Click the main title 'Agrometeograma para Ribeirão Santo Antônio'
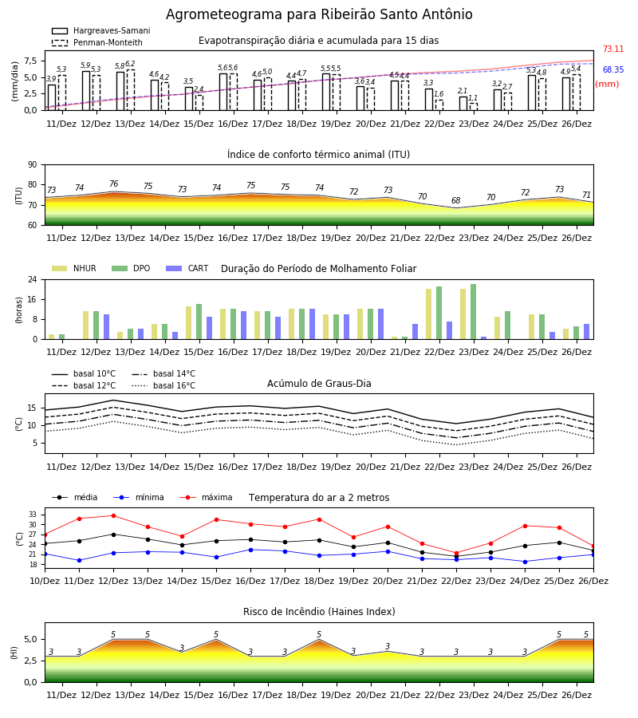(x=319, y=14)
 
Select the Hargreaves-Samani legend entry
(x=100, y=30)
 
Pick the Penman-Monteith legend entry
(x=97, y=42)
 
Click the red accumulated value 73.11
(x=613, y=49)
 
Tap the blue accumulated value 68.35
(x=613, y=69)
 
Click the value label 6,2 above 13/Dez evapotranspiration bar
(x=130, y=64)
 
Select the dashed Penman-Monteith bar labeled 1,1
(x=473, y=107)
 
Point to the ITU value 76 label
(x=113, y=183)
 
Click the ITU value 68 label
(x=456, y=200)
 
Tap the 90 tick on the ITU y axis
(x=33, y=165)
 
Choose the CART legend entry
(x=187, y=268)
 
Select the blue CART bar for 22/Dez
(x=450, y=330)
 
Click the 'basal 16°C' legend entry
(x=163, y=385)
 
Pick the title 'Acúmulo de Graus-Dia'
(x=319, y=384)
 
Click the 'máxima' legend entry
(x=206, y=497)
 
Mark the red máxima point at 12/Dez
(x=113, y=515)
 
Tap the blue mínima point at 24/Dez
(x=525, y=562)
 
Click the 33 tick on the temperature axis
(x=33, y=515)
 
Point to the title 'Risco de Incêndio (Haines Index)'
(x=319, y=612)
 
